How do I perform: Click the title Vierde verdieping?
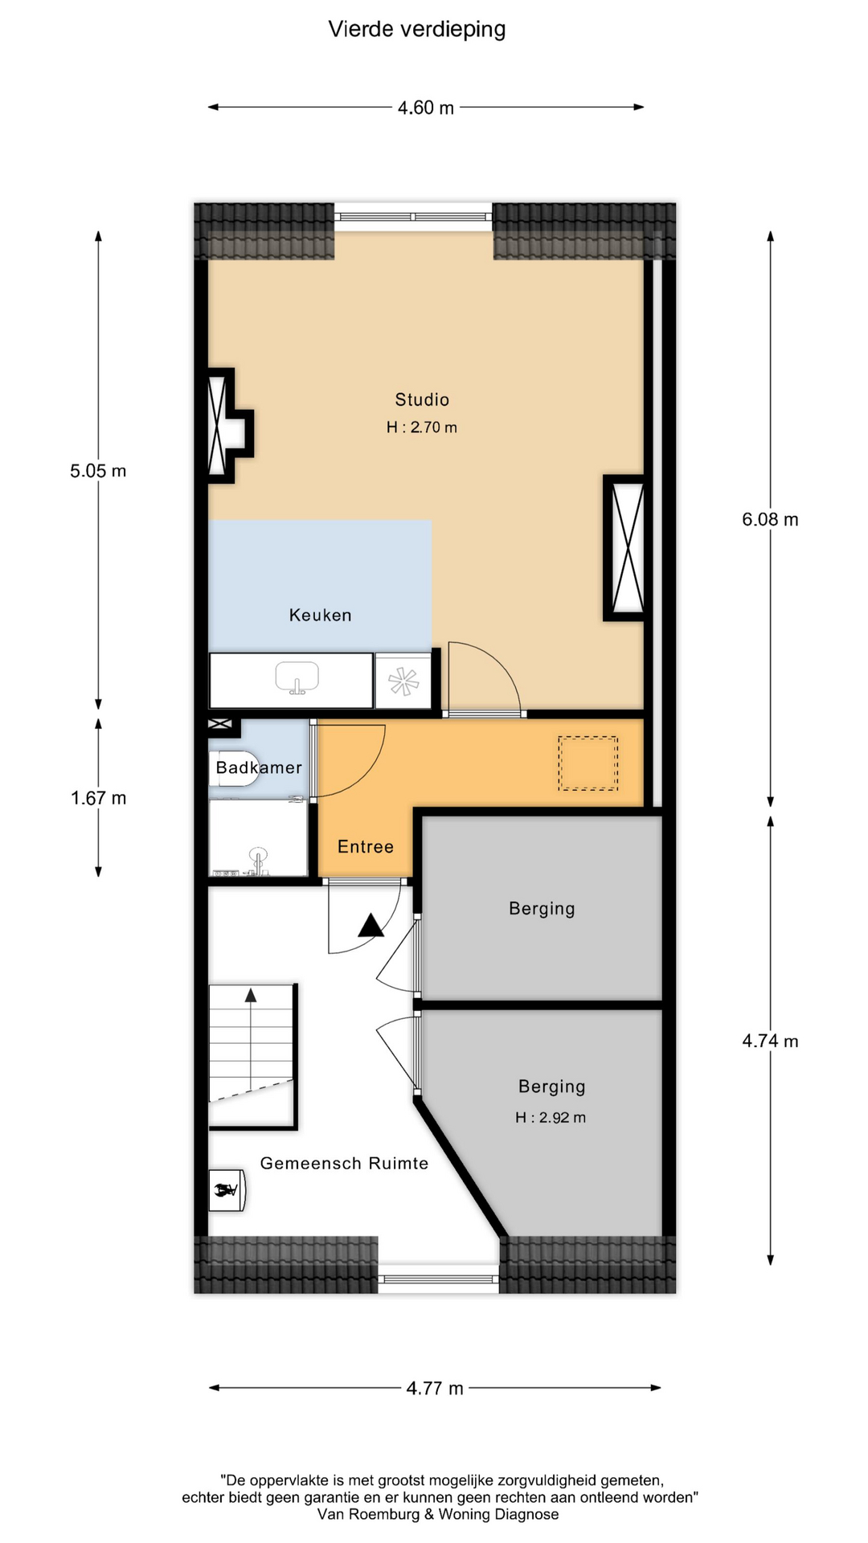(417, 30)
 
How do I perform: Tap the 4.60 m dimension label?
(426, 108)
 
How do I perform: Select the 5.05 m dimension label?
(98, 471)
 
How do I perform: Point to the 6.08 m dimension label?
(770, 519)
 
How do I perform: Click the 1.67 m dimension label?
(98, 798)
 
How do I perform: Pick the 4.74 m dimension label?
(770, 1041)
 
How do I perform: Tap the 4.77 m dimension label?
(435, 1388)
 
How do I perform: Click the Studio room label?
(422, 399)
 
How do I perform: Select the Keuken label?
(321, 615)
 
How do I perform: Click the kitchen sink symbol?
(297, 678)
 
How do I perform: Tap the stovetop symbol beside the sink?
(403, 681)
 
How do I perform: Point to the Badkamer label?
(259, 767)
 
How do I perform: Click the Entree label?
(366, 846)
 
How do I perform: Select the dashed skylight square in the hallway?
(588, 763)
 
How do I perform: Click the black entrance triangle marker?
(371, 925)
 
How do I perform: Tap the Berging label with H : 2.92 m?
(551, 1087)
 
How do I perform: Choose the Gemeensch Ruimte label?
(344, 1163)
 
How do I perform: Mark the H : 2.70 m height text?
(422, 428)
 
